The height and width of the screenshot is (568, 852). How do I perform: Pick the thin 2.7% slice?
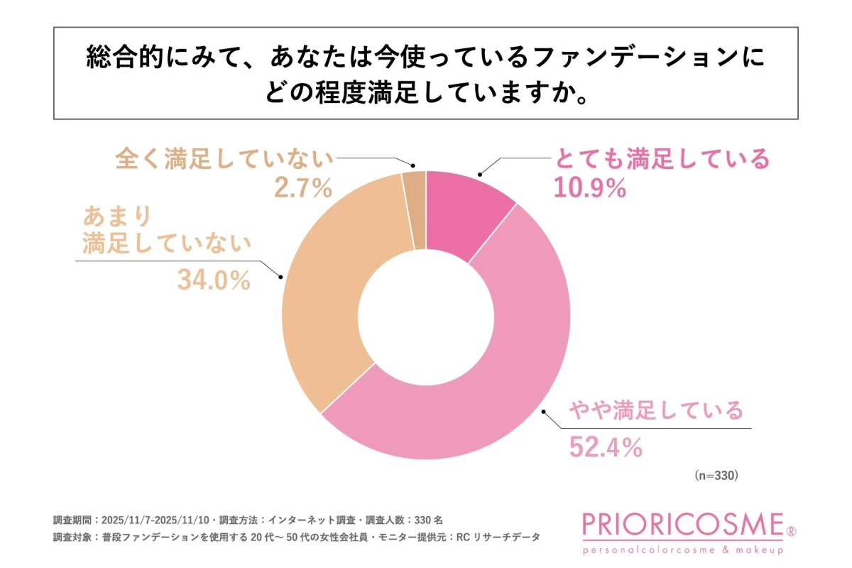(x=415, y=209)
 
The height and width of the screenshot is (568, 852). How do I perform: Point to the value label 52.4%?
(x=606, y=447)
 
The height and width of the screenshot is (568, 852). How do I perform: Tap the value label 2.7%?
(x=303, y=188)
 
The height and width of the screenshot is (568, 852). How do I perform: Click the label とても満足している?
(x=661, y=159)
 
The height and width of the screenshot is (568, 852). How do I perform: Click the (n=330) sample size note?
(x=716, y=476)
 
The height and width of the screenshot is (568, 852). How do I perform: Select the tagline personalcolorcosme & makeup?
(x=682, y=550)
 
